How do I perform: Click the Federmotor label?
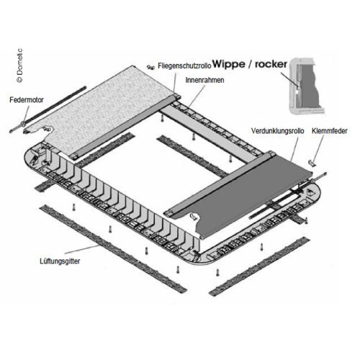click(27, 100)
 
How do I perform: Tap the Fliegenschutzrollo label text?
click(184, 66)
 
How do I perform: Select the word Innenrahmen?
click(204, 80)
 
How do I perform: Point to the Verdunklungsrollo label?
click(277, 131)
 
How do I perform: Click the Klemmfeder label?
click(330, 131)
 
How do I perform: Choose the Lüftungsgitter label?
click(60, 261)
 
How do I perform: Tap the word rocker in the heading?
click(271, 64)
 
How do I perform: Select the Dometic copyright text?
click(20, 66)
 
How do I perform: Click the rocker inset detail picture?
click(306, 86)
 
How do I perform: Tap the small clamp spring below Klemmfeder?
click(312, 163)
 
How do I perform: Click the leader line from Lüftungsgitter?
click(82, 249)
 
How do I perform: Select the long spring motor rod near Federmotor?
click(48, 109)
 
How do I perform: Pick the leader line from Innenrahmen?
click(196, 95)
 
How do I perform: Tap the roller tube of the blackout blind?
click(220, 184)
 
